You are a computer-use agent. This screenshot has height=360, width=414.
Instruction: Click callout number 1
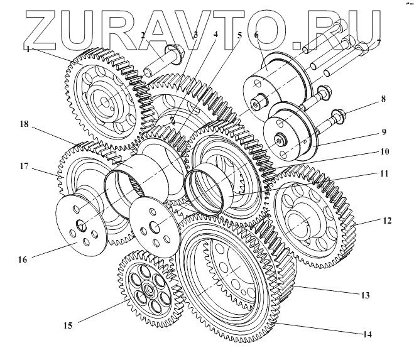tap(28, 48)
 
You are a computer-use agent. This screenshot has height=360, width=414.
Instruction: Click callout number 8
tap(383, 99)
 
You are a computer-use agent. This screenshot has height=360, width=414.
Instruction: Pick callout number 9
tap(384, 133)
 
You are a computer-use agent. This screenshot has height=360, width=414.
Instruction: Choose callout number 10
tap(384, 151)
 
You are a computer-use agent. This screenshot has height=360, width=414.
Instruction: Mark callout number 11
tap(384, 172)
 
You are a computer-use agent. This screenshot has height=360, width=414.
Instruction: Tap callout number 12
tap(387, 220)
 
